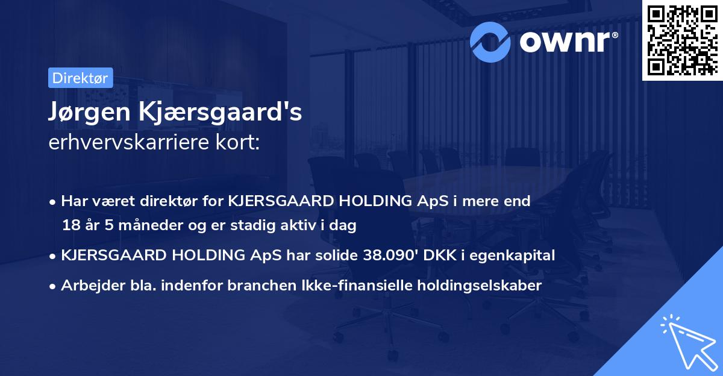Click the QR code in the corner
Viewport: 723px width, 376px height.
tap(682, 39)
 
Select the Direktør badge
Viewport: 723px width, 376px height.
tap(80, 77)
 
